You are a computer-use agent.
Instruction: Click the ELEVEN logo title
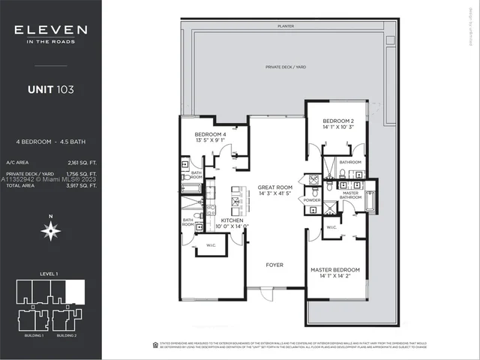[50, 31]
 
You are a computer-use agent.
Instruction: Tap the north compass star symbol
[50, 232]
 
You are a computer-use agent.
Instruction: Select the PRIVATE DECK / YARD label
[284, 67]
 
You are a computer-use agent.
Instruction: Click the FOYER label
[275, 265]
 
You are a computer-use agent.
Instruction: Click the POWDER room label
[311, 201]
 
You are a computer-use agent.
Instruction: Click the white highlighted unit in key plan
[76, 288]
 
